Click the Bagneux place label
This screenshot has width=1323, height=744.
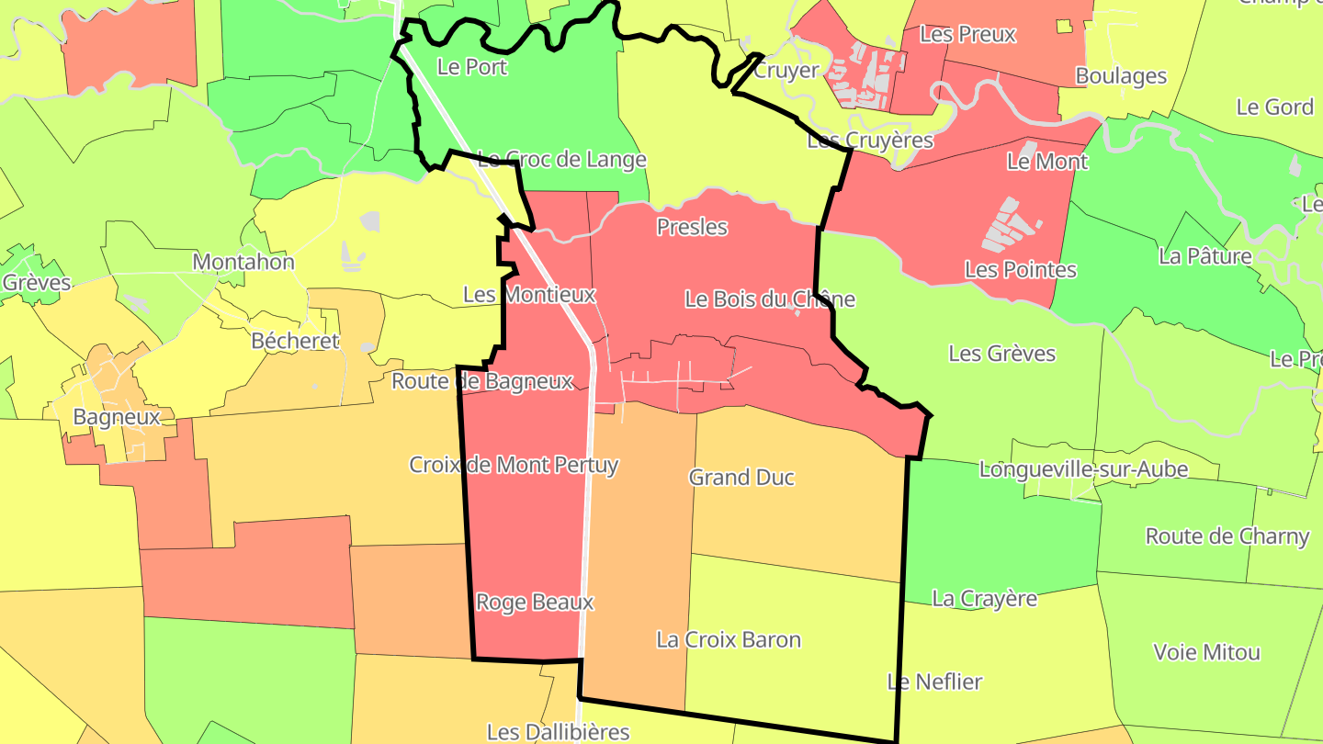click(x=117, y=417)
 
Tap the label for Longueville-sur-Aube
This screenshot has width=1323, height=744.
click(x=1083, y=469)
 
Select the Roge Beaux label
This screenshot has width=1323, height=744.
click(x=535, y=603)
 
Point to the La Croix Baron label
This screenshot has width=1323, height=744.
click(x=729, y=640)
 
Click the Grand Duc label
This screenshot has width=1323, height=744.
click(x=741, y=478)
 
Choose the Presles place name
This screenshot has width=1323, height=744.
click(x=692, y=227)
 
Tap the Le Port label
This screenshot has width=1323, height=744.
click(x=472, y=67)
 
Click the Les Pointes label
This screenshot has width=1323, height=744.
click(x=1020, y=270)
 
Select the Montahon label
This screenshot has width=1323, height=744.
click(x=243, y=263)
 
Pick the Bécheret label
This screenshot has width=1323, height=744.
click(x=295, y=342)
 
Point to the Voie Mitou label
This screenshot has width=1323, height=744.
click(x=1206, y=653)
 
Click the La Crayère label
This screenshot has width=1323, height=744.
click(x=984, y=599)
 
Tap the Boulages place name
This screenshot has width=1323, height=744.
click(x=1121, y=76)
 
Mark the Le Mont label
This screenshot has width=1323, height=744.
click(x=1047, y=162)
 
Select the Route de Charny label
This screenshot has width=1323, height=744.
click(x=1227, y=536)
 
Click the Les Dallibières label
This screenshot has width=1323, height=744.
click(x=558, y=732)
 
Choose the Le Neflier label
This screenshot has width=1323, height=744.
click(x=934, y=682)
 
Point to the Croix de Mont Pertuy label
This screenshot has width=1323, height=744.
click(x=514, y=465)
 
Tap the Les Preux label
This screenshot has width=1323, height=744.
click(x=967, y=35)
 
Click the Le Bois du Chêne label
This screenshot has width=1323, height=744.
click(x=770, y=299)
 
